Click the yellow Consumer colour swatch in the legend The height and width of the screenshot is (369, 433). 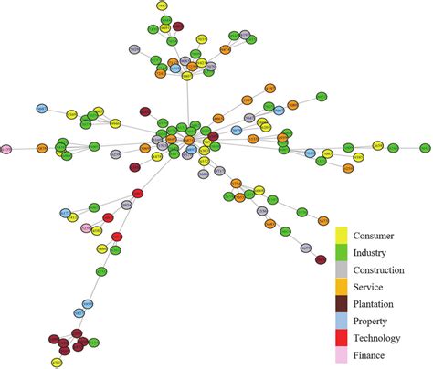343,234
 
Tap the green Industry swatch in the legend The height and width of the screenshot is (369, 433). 343,251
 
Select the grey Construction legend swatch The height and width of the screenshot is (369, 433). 343,269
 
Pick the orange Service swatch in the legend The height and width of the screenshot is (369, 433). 343,286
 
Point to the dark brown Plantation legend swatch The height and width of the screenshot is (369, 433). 343,303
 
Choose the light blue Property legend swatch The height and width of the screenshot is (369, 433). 343,321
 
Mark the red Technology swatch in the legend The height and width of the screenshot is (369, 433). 343,338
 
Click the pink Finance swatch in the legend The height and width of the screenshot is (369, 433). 343,355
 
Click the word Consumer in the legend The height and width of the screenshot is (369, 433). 378,235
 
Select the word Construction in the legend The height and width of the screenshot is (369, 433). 383,269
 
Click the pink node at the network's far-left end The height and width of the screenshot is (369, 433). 6,148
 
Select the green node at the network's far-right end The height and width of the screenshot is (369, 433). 425,147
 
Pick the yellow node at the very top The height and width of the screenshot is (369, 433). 162,5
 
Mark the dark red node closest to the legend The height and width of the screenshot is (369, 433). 320,260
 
